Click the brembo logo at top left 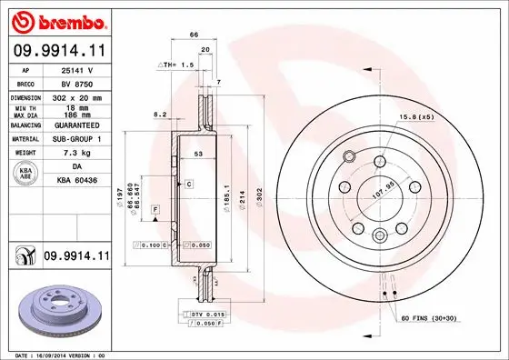56,20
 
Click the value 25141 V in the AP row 75,68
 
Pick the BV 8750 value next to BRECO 75,82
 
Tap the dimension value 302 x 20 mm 75,96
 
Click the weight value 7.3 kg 75,154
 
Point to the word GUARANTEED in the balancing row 75,125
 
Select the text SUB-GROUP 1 75,139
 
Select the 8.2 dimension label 160,115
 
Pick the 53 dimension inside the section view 196,155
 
